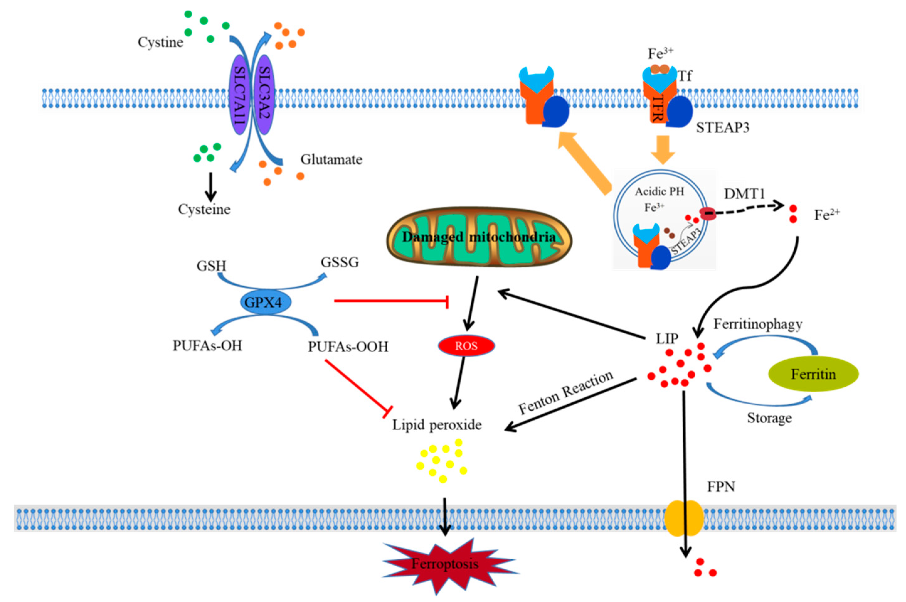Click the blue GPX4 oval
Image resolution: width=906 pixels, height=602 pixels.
pos(265,303)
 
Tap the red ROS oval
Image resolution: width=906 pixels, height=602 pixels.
pos(466,346)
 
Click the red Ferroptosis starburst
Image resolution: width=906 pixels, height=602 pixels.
pos(445,564)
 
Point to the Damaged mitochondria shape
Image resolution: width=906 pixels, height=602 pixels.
pos(479,237)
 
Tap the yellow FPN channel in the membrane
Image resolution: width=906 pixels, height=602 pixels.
pos(684,518)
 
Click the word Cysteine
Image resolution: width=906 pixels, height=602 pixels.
pos(204,210)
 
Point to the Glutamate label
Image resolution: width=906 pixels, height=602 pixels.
pos(331,159)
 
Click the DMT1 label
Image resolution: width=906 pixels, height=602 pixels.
pos(744,194)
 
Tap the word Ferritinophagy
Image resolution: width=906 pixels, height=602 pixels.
pos(758,325)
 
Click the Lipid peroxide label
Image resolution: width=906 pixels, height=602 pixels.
pos(437,425)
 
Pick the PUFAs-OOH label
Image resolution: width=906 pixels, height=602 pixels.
pos(348,347)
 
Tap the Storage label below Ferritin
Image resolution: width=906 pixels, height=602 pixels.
pos(769,418)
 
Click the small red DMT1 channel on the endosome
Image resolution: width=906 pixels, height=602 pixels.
pos(708,213)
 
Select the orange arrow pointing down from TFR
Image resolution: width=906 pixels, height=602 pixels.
pos(663,149)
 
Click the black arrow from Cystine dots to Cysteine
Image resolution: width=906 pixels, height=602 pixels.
pos(210,187)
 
